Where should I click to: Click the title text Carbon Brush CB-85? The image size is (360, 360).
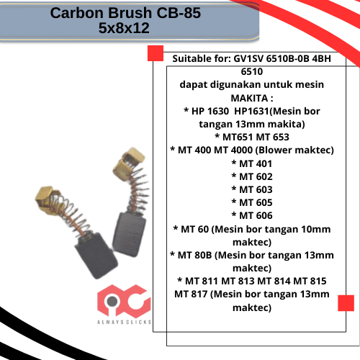coord(125,13)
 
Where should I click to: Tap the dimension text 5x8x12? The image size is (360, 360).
coord(124,28)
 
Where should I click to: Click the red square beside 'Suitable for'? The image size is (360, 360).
coord(156,53)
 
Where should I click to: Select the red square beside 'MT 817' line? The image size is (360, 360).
coord(346,303)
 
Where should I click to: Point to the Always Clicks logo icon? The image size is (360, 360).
coord(124,300)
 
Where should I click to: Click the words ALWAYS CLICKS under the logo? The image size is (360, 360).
coord(124,322)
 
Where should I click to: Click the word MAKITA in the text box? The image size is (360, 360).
coord(249,98)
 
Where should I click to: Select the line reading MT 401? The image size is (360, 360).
coord(252,163)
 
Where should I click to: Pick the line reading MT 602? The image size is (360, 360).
coord(252,176)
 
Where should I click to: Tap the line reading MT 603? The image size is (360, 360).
coord(252,189)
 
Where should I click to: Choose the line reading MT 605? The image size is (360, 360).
coord(252,202)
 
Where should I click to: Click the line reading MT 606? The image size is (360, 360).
coord(252,215)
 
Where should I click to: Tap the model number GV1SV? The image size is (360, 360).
coord(248,58)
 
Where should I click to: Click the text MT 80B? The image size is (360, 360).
coord(194,255)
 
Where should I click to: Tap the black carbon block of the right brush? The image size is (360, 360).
coord(129,235)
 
